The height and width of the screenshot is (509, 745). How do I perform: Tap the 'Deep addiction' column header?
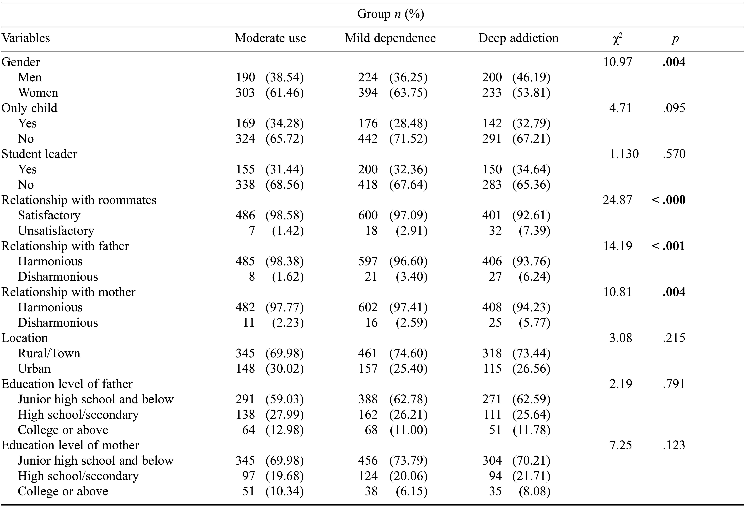click(518, 38)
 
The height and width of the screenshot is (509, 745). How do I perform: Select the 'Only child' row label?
click(29, 108)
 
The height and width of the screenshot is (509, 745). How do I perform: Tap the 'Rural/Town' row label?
click(49, 353)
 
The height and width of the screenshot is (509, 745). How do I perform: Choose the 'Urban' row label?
click(34, 369)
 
